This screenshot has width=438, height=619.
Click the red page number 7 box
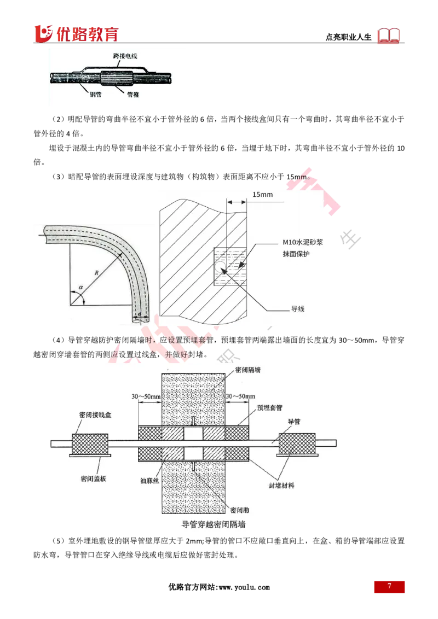[390, 587]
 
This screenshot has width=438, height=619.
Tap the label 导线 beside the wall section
[297, 309]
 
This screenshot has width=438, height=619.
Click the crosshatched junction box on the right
[298, 442]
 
